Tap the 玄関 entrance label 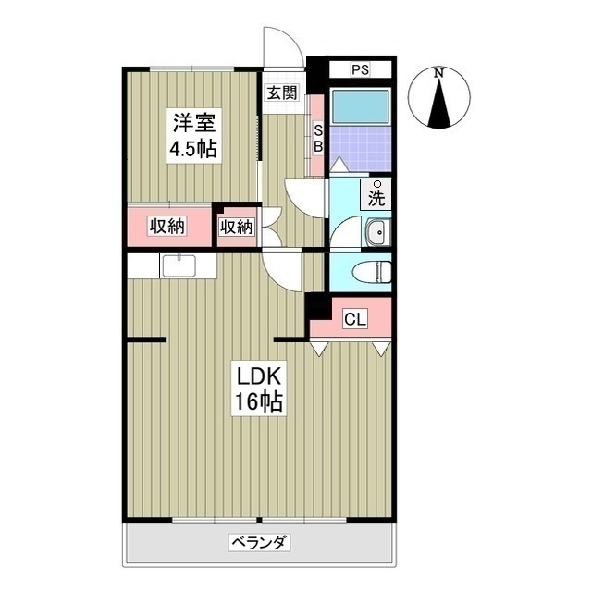(282, 92)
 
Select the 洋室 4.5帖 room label (192, 135)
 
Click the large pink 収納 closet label (168, 226)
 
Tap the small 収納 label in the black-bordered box (237, 226)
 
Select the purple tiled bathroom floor (361, 148)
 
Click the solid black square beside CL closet (316, 306)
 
